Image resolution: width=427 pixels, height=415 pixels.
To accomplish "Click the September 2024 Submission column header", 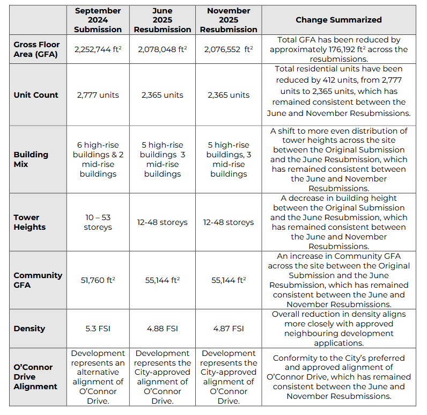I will pos(98,20).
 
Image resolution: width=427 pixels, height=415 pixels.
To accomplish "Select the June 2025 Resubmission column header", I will pos(163,20).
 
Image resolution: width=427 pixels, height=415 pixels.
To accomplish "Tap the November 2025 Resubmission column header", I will pos(229,20).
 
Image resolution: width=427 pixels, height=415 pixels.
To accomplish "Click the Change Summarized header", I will pos(338,20).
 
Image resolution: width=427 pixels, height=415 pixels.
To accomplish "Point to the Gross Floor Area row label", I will pos(36,49).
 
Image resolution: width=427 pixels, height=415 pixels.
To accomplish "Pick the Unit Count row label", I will pos(36,95).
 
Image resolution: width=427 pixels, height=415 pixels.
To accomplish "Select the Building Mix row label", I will pos(31,159).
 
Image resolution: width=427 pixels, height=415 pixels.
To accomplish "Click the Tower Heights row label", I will pos(30,222).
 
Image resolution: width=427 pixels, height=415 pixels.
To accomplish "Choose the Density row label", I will pos(29,329).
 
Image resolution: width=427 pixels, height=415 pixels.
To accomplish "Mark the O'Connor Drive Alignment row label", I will pos(35,377).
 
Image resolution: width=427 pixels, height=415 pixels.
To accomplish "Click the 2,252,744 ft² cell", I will pos(98,49).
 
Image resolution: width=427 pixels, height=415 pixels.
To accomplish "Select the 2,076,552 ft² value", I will pos(229,49).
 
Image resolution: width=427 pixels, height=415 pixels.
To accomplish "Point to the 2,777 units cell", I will pos(98,95).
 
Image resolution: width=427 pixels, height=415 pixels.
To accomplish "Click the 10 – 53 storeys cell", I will pos(98,222).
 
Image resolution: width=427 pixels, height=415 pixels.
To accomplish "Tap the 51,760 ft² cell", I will pos(98,280).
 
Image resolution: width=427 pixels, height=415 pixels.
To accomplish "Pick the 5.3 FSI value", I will pos(98,329).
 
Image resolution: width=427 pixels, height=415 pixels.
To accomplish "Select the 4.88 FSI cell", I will pos(163,329).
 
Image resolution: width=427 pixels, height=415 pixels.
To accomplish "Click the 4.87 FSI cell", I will pos(229,329).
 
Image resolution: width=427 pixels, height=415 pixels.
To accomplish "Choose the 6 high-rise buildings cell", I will pos(98,159).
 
